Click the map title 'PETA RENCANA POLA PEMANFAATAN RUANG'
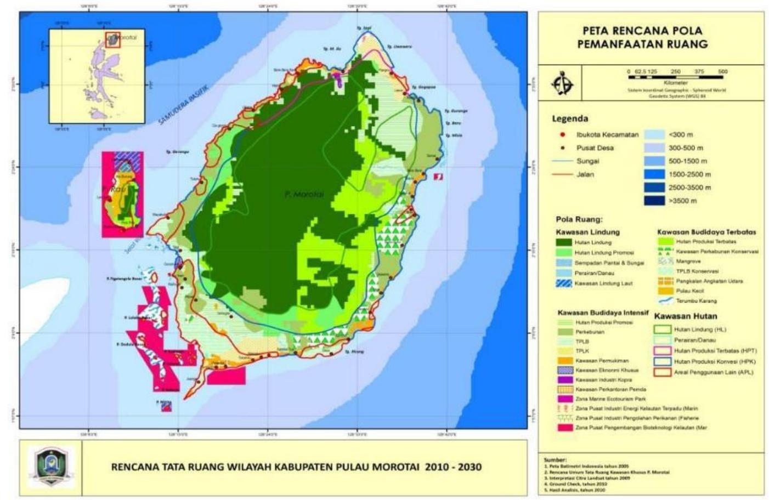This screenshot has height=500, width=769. [642, 37]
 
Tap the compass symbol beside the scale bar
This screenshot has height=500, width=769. [562, 84]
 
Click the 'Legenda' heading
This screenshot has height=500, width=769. [570, 118]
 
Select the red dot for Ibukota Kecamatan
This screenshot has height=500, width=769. [562, 135]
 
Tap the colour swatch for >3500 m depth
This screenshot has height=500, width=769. [654, 201]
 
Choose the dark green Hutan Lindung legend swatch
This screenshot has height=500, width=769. [564, 242]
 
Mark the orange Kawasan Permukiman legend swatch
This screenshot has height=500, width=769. [565, 361]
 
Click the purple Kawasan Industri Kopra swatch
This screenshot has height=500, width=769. [565, 380]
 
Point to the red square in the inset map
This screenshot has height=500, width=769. [112, 40]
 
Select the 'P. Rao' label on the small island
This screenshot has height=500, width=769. [118, 189]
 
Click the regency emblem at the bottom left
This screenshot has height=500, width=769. [50, 468]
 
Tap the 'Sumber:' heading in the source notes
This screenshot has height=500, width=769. [555, 459]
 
